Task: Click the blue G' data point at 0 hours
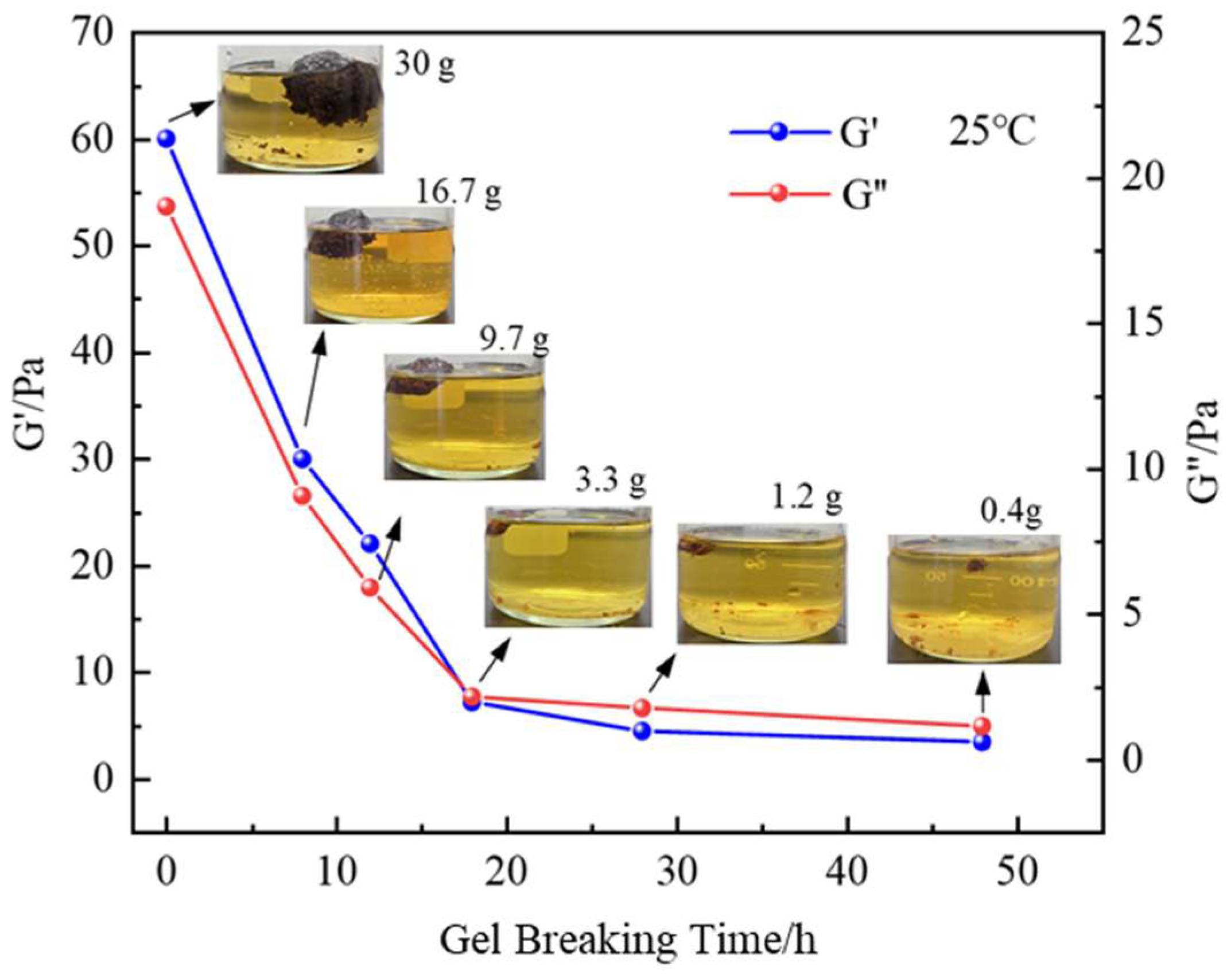tap(166, 138)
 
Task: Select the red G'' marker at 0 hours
tap(166, 206)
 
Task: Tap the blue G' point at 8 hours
tap(302, 459)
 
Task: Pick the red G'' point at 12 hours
tap(370, 587)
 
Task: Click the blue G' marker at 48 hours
tap(983, 742)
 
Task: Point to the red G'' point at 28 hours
tap(642, 708)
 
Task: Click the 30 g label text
tap(425, 66)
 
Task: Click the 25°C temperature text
tap(991, 132)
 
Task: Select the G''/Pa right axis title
tap(1206, 451)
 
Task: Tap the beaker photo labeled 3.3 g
tap(568, 566)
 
